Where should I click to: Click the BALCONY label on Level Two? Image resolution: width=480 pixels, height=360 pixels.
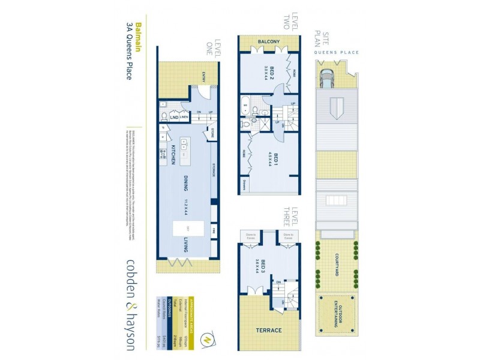coord(268,41)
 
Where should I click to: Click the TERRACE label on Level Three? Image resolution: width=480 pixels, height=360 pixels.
coord(269,330)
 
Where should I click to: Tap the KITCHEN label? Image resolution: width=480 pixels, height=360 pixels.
coord(172,154)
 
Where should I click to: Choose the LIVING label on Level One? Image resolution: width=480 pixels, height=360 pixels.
coord(187,247)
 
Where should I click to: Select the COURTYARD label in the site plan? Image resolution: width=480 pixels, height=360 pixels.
coord(337,262)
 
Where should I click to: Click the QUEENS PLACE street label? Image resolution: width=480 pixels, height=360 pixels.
coord(337,53)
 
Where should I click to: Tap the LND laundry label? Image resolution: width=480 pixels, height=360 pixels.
coord(174,117)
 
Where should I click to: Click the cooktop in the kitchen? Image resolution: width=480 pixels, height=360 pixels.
coord(163,154)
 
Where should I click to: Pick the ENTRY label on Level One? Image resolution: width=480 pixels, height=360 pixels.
coord(204,76)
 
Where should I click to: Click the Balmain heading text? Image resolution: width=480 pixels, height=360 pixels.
coord(138,37)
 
